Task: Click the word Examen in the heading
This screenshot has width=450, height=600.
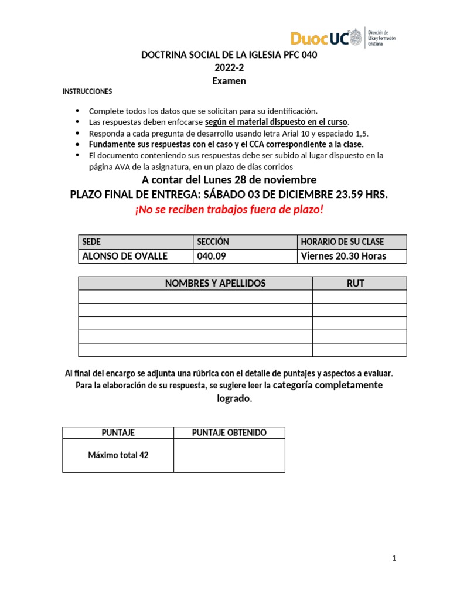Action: pos(229,81)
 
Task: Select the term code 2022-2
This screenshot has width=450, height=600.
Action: pos(229,68)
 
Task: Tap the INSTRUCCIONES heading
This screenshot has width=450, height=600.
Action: pos(87,92)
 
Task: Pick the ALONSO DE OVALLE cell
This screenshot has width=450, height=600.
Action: pos(125,256)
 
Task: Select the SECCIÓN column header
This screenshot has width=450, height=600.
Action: pos(213,241)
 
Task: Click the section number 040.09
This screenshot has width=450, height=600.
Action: pos(212,256)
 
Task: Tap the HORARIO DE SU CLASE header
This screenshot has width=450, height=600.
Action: pos(342,241)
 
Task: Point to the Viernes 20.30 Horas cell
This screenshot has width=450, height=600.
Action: pos(343,256)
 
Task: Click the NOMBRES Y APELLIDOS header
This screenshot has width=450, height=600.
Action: pos(215,283)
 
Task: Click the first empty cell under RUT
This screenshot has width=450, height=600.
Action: pos(359,296)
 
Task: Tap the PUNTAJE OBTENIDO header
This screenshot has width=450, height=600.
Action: pos(229,432)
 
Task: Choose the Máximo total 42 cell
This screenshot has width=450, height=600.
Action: pos(118,455)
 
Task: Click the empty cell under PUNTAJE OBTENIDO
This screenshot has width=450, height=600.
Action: pos(229,455)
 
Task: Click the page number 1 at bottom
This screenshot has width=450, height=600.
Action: pos(395,558)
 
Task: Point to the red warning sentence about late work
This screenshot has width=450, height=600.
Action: pos(229,209)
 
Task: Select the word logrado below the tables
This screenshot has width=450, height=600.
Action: pos(233,398)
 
